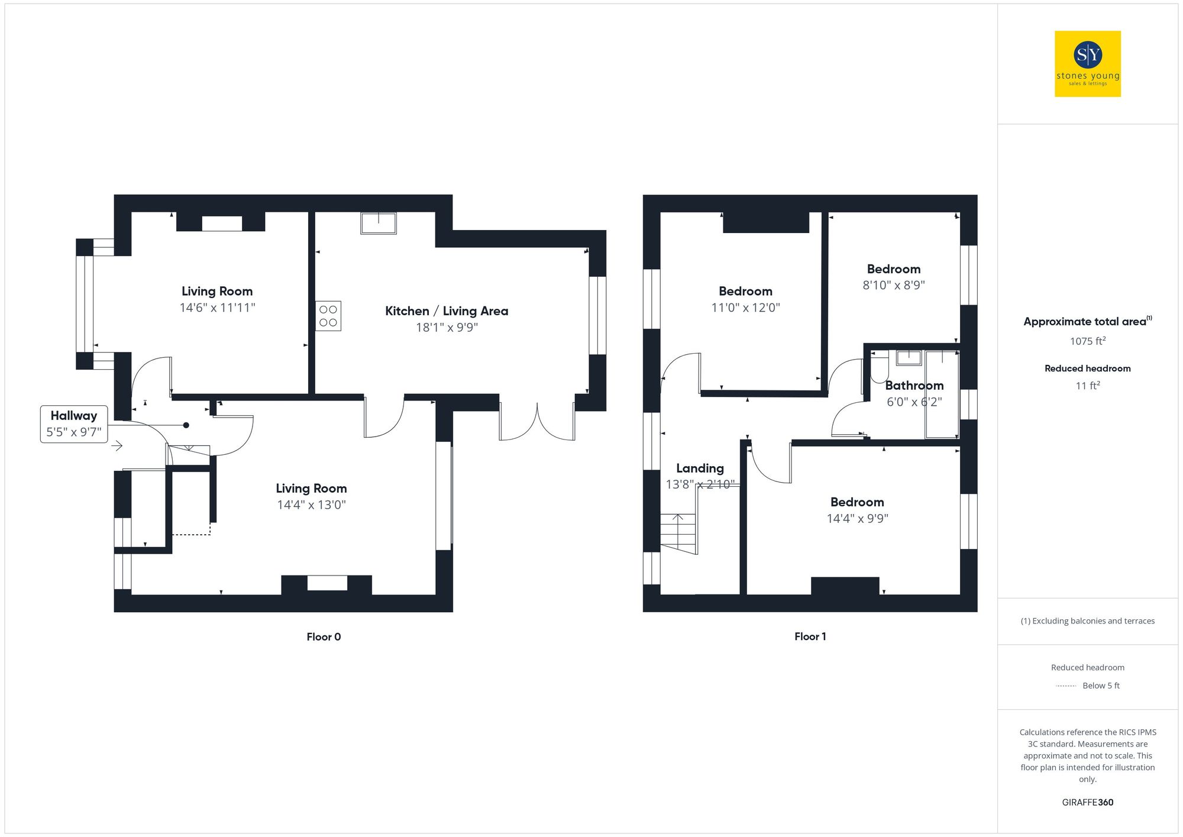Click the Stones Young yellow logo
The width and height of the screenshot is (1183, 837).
coord(1087,63)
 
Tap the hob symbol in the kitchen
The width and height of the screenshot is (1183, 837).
coord(328,316)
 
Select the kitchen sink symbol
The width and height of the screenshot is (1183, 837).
coord(379,223)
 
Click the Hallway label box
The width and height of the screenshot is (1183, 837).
coord(74,424)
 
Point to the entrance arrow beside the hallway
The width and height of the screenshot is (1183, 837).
coord(117,445)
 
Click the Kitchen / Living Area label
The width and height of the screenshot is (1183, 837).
coord(447,311)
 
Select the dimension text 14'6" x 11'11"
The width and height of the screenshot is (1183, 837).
coord(217,308)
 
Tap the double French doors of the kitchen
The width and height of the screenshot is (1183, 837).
coord(537,422)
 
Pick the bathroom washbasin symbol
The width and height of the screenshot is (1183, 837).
coord(909,357)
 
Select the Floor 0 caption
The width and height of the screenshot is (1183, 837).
coord(324,637)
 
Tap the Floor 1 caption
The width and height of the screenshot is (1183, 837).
coord(810,636)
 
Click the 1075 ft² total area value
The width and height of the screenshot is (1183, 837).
coord(1087,341)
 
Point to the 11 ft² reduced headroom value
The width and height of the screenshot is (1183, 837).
coord(1087,386)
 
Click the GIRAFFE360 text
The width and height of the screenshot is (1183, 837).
coord(1087,803)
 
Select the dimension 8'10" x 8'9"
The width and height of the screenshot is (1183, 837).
coord(893,285)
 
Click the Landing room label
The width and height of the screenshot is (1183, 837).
coord(700,468)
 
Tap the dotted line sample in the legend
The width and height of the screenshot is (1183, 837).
coord(1066,686)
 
